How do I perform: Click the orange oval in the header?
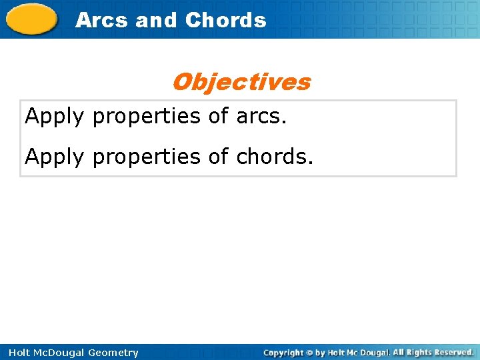point(33,19)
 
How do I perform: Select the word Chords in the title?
point(226,20)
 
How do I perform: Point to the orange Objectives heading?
point(241,82)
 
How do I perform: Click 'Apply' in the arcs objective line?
point(55,117)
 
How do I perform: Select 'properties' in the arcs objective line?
point(147,117)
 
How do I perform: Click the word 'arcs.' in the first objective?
point(261,117)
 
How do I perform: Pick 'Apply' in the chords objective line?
point(55,157)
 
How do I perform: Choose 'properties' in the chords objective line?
point(147,157)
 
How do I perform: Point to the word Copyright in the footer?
point(283,353)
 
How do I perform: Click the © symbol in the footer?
point(308,353)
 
